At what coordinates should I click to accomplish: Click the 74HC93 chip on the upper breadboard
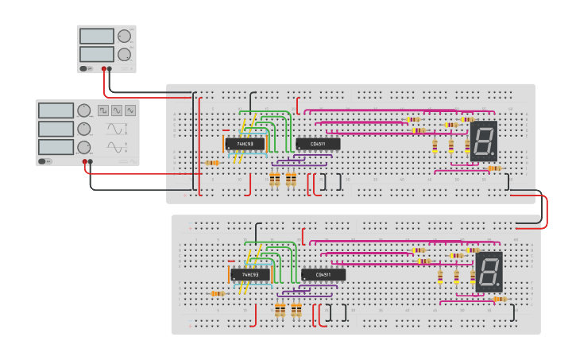[245, 144]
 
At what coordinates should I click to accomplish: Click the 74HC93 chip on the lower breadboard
[249, 275]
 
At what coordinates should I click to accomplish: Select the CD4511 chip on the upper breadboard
[318, 144]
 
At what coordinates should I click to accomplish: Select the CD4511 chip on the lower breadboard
[323, 275]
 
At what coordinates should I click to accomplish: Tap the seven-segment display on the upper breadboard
[483, 141]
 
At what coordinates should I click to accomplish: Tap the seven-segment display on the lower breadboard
[489, 271]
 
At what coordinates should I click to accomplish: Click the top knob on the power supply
[125, 37]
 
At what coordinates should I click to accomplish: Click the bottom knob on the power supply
[125, 55]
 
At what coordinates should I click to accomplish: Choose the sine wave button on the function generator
[117, 110]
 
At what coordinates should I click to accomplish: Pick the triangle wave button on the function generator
[130, 110]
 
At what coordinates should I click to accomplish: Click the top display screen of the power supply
[97, 37]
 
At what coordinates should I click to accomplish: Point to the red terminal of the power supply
[103, 69]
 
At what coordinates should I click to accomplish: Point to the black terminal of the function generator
[91, 162]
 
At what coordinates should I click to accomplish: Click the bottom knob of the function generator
[84, 147]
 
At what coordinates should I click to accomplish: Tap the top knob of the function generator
[84, 110]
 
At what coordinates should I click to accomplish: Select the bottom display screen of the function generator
[56, 147]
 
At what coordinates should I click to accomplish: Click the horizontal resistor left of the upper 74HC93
[212, 163]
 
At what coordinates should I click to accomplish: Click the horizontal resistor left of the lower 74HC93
[218, 294]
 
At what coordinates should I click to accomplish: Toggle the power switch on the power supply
[84, 69]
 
